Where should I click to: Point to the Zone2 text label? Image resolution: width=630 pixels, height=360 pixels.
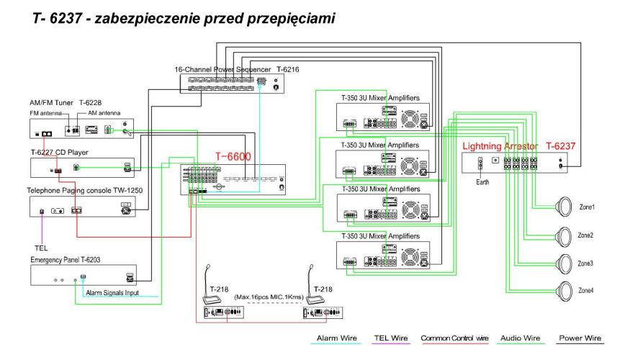tap(586, 235)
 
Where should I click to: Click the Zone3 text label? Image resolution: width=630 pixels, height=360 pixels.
tap(586, 264)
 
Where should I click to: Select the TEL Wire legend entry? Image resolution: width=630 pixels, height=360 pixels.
tap(391, 338)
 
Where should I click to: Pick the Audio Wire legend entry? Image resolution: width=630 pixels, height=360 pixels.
tap(521, 338)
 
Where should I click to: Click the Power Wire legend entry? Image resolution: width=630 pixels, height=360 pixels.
tap(580, 338)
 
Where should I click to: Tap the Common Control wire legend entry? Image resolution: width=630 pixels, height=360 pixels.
tap(454, 338)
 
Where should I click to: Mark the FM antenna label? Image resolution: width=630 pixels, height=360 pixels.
tap(46, 114)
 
